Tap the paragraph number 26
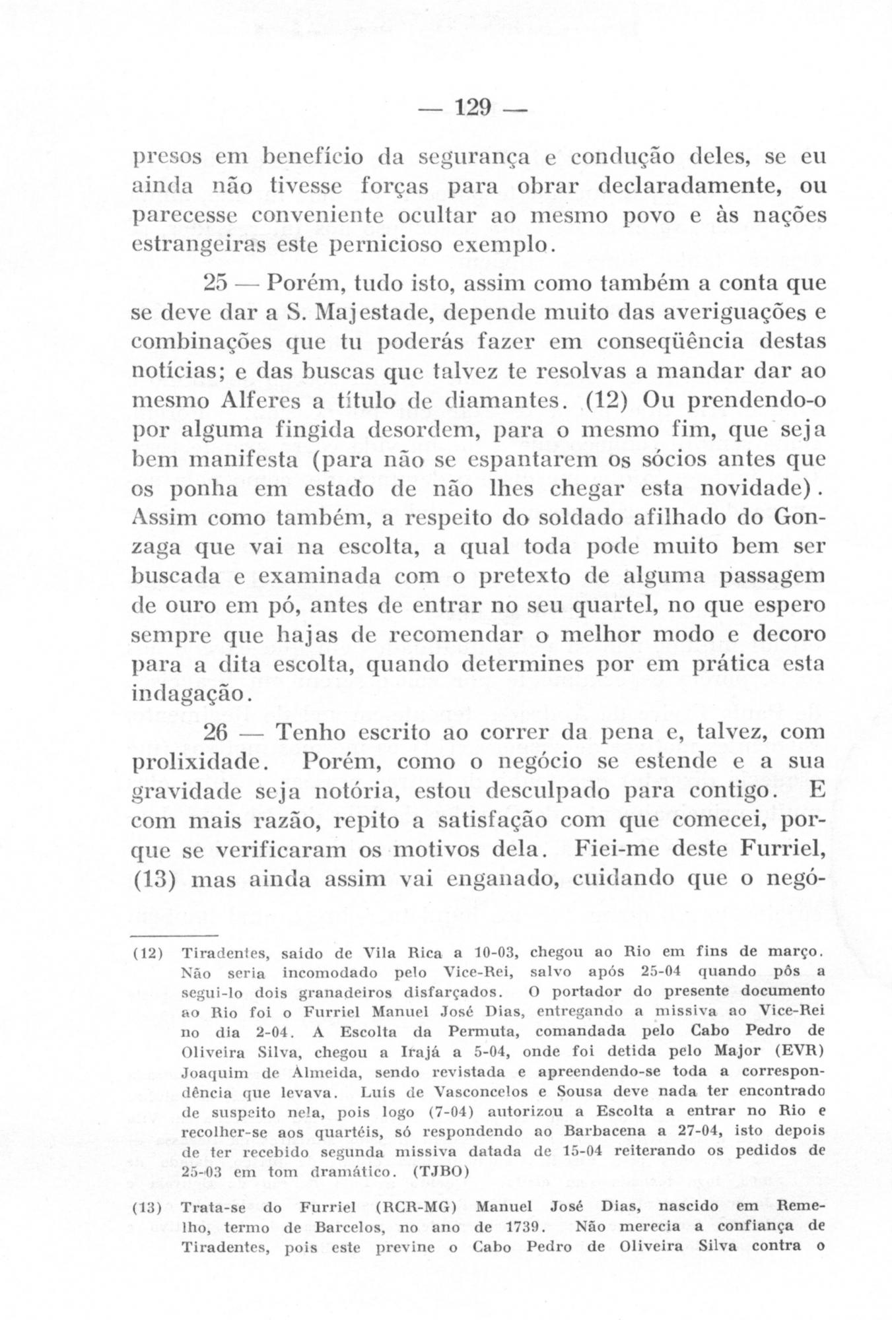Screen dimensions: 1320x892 [x=215, y=733]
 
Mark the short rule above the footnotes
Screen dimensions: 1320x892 [x=174, y=936]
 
